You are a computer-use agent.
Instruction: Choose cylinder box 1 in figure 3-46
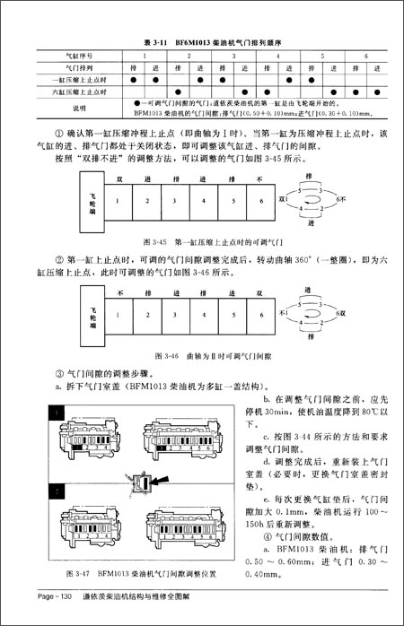(119, 315)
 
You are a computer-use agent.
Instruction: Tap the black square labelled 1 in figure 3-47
(57, 412)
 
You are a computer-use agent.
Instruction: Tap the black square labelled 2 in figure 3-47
(57, 492)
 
